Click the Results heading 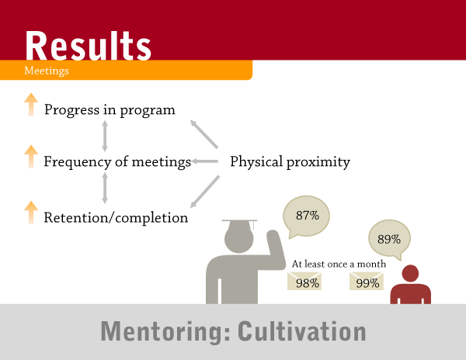coord(89,46)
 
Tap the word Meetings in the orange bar coord(47,71)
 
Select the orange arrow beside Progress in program coord(31,105)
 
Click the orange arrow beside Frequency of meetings coord(31,157)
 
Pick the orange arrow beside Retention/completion coord(31,213)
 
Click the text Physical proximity coord(290,162)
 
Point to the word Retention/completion coord(116,217)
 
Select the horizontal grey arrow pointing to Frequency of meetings coord(205,161)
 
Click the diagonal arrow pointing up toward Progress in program coord(203,134)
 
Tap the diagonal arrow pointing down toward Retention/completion coord(205,192)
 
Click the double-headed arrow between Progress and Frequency coord(105,136)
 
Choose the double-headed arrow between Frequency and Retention coord(105,189)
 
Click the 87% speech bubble coord(307,216)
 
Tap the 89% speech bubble coord(389,238)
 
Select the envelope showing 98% coord(304,281)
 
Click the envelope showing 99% coord(367,281)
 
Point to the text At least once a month coord(339,264)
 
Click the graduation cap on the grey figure coord(239,223)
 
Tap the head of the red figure coord(410,273)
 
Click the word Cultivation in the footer coord(301,331)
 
